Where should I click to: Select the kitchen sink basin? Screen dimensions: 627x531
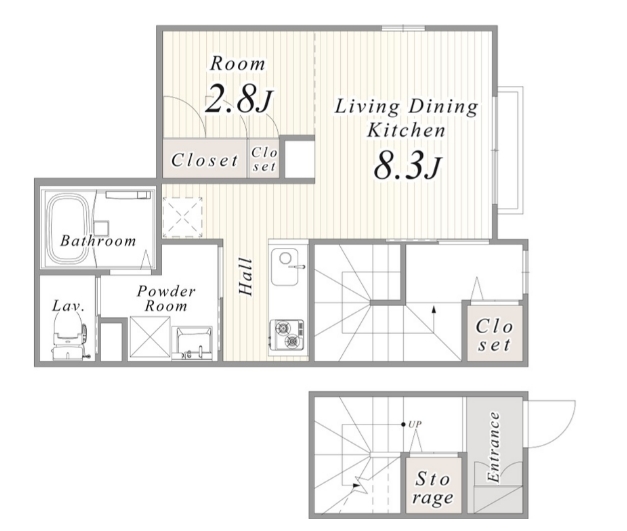pyautogui.click(x=285, y=266)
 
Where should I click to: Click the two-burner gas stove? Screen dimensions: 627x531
pyautogui.click(x=287, y=334)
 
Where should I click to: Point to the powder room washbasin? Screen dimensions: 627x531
pyautogui.click(x=194, y=343)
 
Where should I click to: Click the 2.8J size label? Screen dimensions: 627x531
pyautogui.click(x=239, y=99)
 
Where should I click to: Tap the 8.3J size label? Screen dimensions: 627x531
pyautogui.click(x=408, y=166)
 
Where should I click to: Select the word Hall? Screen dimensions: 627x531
pyautogui.click(x=246, y=277)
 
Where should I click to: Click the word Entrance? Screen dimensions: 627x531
pyautogui.click(x=494, y=447)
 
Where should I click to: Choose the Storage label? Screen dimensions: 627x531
pyautogui.click(x=433, y=488)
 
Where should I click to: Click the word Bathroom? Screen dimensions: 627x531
pyautogui.click(x=98, y=241)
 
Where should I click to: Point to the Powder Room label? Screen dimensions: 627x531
pyautogui.click(x=166, y=298)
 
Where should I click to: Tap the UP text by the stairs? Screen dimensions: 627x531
pyautogui.click(x=415, y=424)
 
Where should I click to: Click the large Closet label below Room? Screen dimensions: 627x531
pyautogui.click(x=204, y=160)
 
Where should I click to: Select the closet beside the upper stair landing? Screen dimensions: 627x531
pyautogui.click(x=494, y=334)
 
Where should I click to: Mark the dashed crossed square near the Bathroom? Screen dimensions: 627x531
pyautogui.click(x=183, y=218)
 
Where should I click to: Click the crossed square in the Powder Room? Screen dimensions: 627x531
pyautogui.click(x=150, y=337)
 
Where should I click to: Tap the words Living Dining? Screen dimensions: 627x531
pyautogui.click(x=406, y=106)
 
